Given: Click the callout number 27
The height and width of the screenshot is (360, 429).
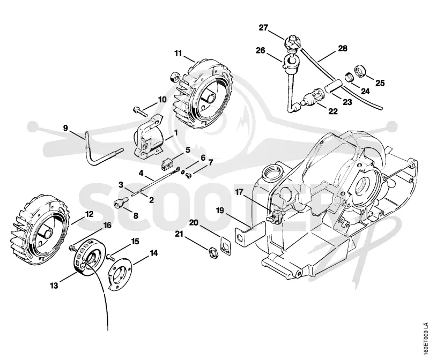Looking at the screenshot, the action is (264, 28).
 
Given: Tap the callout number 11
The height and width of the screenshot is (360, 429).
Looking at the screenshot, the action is (178, 53).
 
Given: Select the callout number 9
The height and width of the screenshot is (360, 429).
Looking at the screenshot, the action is (65, 127).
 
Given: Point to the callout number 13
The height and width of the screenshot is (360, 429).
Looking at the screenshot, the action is (54, 286).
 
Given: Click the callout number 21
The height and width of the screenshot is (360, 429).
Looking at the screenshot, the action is (179, 234).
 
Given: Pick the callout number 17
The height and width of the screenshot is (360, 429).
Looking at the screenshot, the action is (239, 192).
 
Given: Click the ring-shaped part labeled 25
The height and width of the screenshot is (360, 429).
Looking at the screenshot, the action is (360, 71).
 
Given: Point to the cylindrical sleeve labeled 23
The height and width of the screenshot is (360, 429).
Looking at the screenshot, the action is (333, 86).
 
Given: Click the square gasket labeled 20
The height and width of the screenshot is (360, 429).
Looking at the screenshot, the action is (226, 246).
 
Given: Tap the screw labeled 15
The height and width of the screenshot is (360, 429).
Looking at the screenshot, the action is (110, 257).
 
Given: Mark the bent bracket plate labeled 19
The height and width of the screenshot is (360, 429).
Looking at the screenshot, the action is (250, 232).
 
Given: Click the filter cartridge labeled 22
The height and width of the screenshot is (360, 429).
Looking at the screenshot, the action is (313, 99).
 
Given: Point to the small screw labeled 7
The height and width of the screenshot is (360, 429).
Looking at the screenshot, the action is (188, 175).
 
